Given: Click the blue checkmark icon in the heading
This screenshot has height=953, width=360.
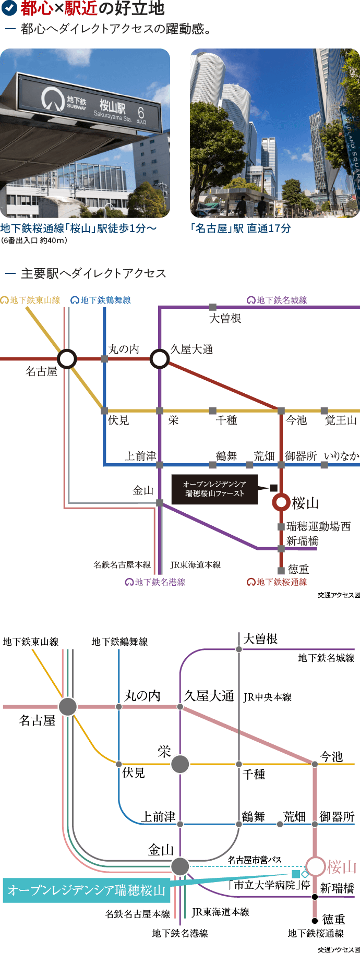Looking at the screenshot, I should click(10, 8).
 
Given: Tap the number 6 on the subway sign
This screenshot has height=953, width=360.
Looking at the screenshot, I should click(140, 112).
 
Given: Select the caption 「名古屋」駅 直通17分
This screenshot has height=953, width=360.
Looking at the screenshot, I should click(241, 228).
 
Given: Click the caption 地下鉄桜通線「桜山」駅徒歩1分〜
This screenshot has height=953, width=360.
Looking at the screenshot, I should click(78, 228).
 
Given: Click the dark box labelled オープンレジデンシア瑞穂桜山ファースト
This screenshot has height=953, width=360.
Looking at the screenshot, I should click(214, 489).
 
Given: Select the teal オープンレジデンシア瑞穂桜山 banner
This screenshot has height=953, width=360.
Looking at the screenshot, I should click(86, 890).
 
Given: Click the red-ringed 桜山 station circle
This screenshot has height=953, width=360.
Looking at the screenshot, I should click(281, 502).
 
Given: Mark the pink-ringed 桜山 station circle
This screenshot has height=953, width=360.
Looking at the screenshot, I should click(316, 866).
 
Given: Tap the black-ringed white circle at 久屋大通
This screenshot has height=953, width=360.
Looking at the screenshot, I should click(160, 359).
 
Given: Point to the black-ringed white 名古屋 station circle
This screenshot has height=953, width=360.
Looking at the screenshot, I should click(67, 359).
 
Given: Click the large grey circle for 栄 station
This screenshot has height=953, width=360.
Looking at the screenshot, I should click(180, 764).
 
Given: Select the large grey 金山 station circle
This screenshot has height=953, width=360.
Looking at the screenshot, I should click(180, 866).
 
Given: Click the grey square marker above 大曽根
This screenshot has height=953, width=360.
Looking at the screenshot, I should click(212, 307).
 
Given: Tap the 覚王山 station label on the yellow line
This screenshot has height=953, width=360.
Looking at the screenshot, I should click(341, 420).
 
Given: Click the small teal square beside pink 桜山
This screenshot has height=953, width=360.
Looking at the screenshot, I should click(296, 874).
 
